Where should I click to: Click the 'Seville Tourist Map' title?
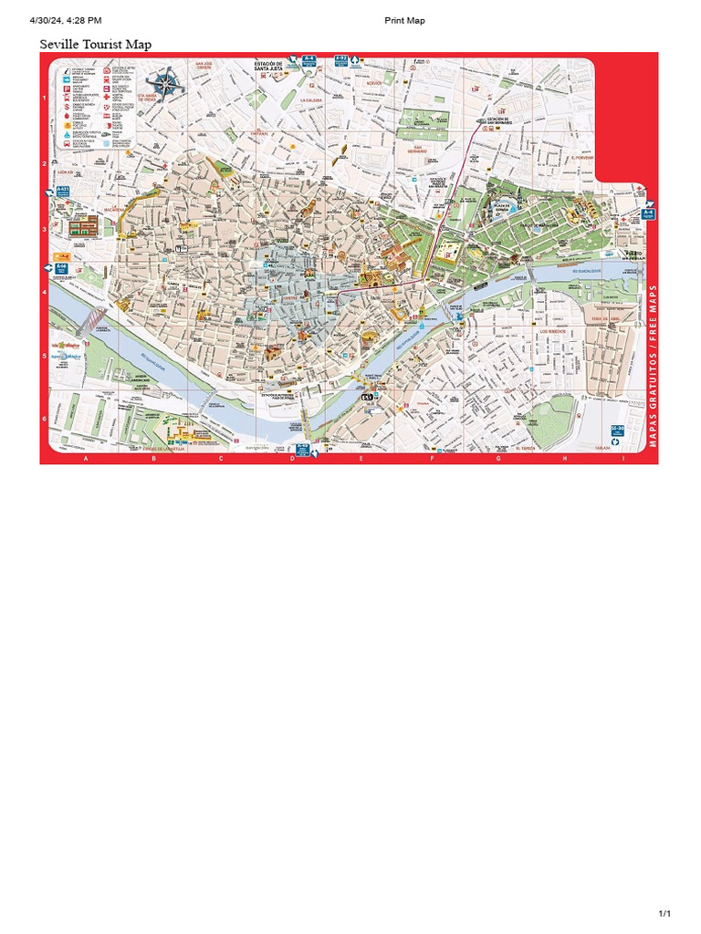click(96, 45)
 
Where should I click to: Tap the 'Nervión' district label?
click(374, 83)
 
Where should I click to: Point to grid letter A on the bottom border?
click(87, 459)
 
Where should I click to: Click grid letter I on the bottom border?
click(623, 459)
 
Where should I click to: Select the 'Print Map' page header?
click(404, 21)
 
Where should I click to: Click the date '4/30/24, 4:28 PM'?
click(66, 21)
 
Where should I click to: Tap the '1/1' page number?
click(664, 913)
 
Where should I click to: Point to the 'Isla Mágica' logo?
click(66, 347)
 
